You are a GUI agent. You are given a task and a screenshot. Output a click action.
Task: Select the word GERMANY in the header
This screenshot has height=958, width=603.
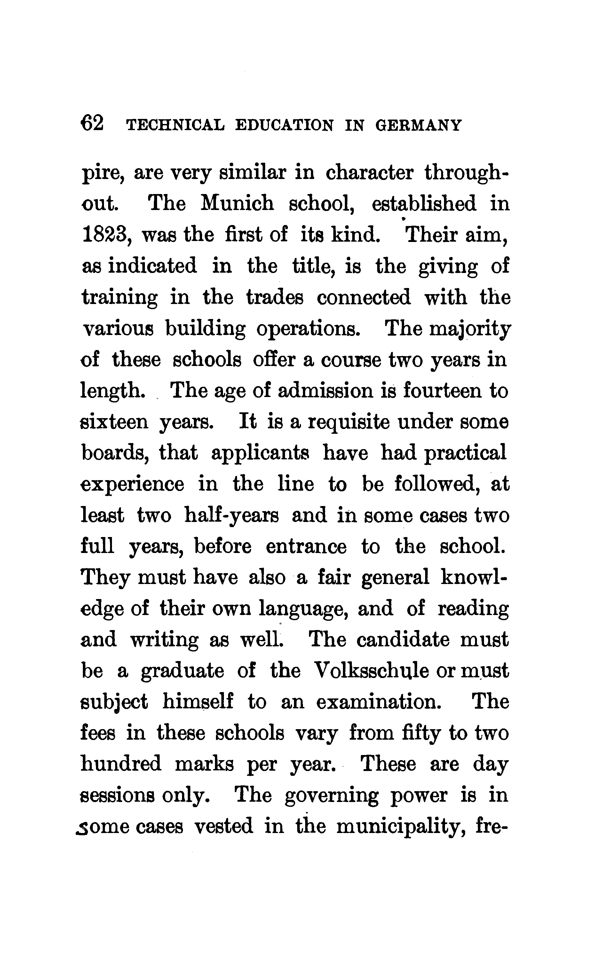(418, 125)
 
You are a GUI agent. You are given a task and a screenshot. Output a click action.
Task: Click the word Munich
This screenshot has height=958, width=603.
(237, 203)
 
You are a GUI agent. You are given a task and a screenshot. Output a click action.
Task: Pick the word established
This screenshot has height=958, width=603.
(424, 203)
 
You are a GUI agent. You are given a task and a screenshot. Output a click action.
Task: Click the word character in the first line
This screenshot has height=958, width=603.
(369, 173)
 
